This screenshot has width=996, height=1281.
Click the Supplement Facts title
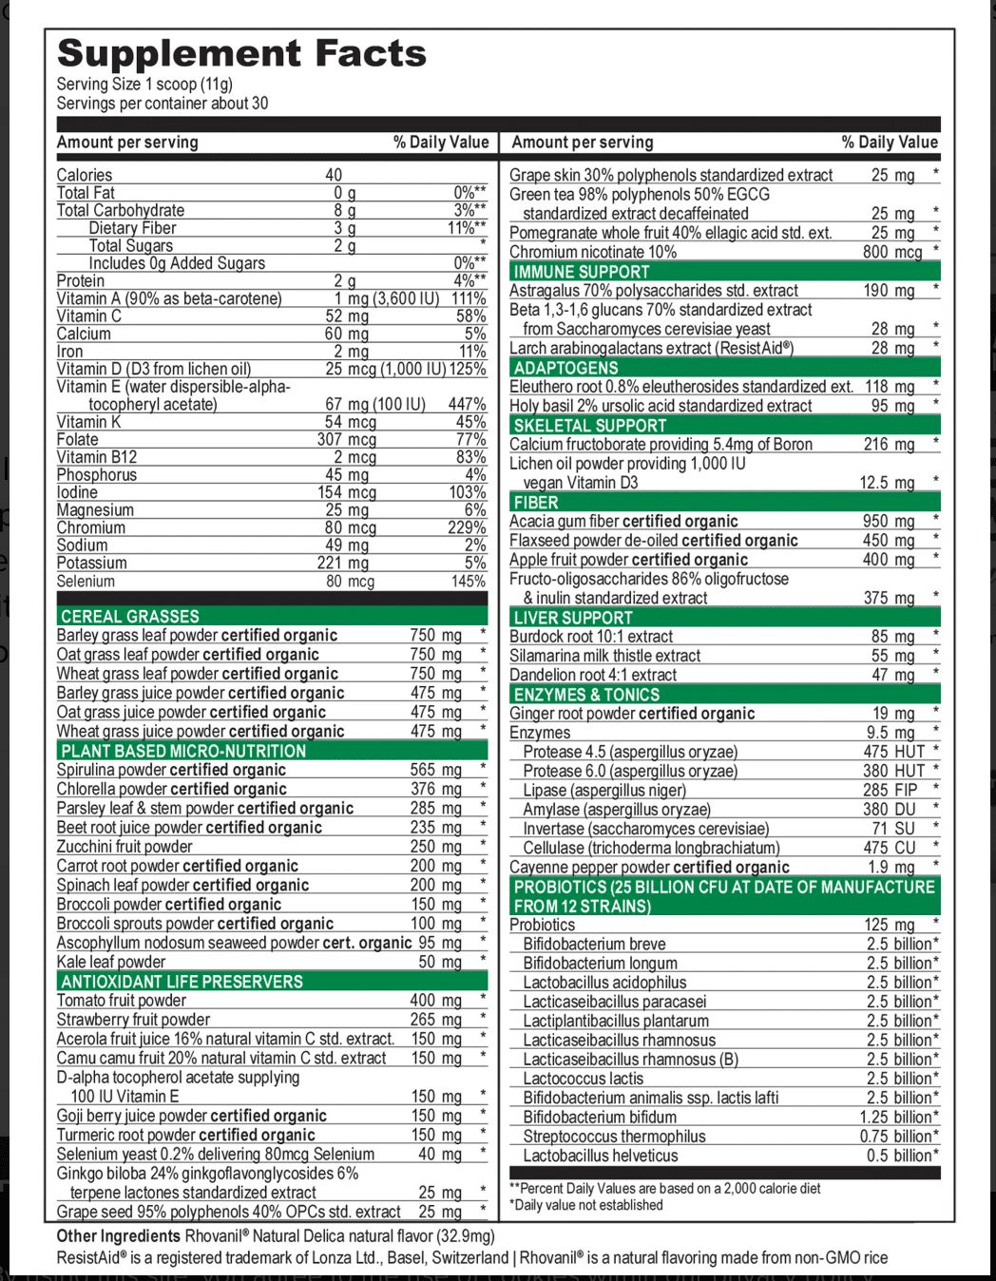(x=241, y=54)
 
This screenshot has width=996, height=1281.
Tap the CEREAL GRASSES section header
(x=130, y=617)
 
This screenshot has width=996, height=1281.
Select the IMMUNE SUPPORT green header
(x=582, y=272)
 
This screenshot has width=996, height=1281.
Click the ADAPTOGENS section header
(x=565, y=368)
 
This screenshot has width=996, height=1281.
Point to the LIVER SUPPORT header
(x=573, y=618)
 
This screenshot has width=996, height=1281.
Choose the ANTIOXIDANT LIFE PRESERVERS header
(x=182, y=982)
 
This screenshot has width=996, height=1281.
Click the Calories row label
(x=85, y=175)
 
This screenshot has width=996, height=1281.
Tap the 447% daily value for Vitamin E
(x=467, y=405)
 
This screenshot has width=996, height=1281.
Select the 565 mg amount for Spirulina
(x=436, y=770)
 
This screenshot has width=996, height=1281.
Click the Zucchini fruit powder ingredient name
(x=124, y=847)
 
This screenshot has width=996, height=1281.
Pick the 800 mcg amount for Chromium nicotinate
(x=892, y=252)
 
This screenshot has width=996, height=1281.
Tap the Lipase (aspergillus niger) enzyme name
(x=604, y=790)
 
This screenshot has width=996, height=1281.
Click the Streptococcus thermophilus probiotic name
(x=614, y=1137)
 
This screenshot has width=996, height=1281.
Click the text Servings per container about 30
(x=163, y=104)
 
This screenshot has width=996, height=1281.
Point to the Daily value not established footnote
(x=586, y=1205)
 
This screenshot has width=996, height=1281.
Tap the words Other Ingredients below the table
(x=118, y=1236)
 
